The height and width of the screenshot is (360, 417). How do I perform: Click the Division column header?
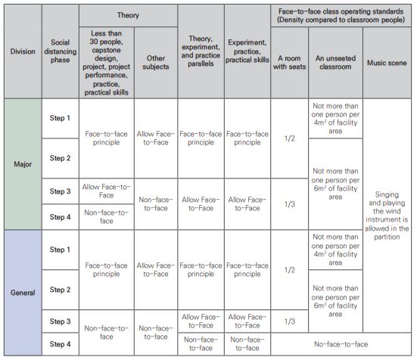(23, 51)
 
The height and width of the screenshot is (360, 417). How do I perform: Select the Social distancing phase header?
(60, 51)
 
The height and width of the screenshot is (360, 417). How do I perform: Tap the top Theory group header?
(132, 14)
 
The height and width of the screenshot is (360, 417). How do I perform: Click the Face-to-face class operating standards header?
(341, 14)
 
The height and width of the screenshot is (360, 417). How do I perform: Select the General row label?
(23, 293)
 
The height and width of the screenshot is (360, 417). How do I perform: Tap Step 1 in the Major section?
(60, 118)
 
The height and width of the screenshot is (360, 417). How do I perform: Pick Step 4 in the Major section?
(60, 217)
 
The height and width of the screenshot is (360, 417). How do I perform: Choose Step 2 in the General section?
(60, 290)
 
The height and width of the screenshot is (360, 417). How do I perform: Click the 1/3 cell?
(289, 204)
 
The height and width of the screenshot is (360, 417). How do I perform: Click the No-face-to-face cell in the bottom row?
(341, 344)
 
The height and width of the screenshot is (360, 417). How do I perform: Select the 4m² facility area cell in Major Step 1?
(335, 118)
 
